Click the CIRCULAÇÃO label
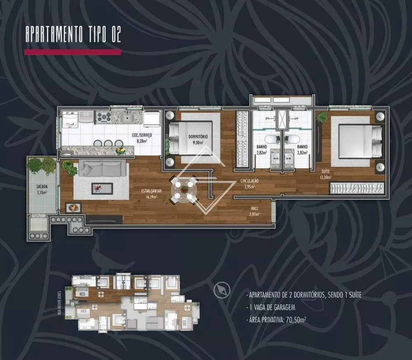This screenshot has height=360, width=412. click(x=250, y=181)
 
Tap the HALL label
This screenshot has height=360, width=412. click(x=253, y=209)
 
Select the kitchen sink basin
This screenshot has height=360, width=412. click(x=126, y=118)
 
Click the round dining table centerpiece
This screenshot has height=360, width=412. click(x=184, y=189)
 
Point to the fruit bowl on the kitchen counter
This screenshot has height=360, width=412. click(x=120, y=151)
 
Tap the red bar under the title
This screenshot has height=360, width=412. click(x=73, y=52)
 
